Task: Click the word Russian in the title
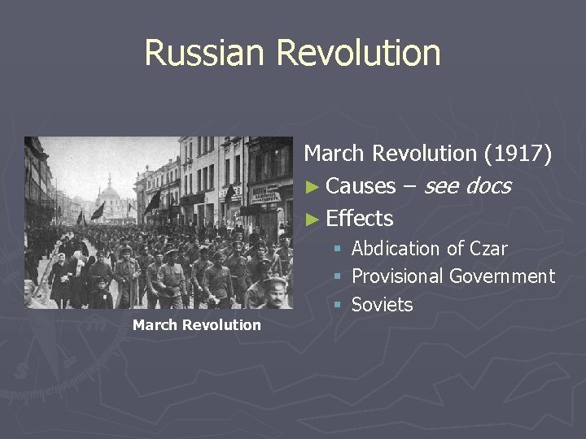point(206,53)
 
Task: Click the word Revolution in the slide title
point(358,53)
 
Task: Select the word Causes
point(360,186)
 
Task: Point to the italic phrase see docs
point(467,186)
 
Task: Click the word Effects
point(359,219)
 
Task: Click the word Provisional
point(398,276)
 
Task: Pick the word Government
point(502,276)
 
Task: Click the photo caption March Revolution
point(196,325)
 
